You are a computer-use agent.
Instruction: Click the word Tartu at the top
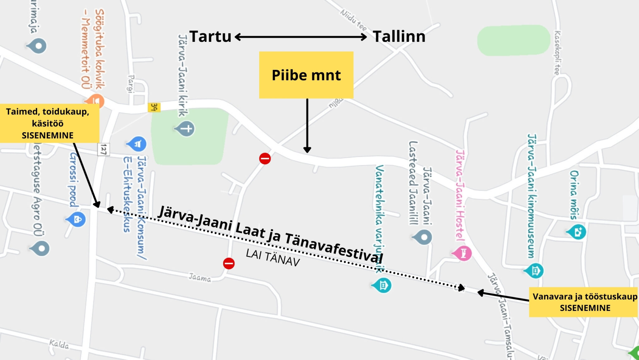(x=210, y=37)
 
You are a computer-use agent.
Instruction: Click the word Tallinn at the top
(x=399, y=37)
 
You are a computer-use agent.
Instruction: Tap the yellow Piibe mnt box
(x=306, y=75)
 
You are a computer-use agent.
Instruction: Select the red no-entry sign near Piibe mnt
(x=265, y=158)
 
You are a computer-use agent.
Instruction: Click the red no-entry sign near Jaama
(x=229, y=263)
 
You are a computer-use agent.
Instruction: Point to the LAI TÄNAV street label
(x=273, y=258)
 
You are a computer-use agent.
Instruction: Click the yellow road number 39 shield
(x=154, y=107)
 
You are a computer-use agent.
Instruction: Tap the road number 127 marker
(x=104, y=149)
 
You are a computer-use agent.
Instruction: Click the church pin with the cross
(x=187, y=129)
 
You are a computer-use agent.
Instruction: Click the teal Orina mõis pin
(x=577, y=232)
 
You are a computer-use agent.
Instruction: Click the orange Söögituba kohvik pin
(x=95, y=101)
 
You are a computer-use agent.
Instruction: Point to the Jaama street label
(x=200, y=277)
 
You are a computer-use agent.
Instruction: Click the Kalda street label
(x=59, y=344)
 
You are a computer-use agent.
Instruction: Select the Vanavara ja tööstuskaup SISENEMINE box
(x=583, y=302)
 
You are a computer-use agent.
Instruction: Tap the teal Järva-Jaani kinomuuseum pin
(x=535, y=270)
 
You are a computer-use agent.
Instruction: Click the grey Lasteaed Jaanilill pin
(x=423, y=237)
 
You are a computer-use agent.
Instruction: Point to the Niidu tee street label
(x=354, y=20)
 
